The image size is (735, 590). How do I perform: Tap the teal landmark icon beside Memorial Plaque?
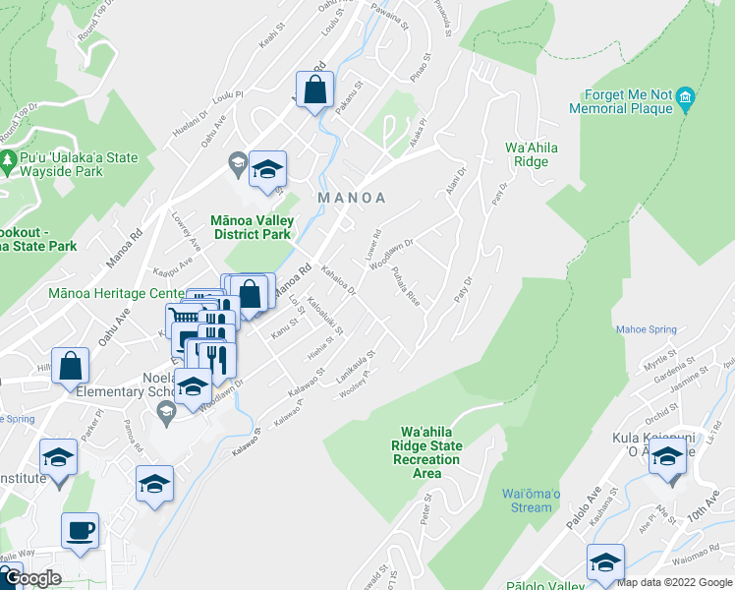[x=686, y=96]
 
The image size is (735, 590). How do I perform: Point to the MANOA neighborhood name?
[x=352, y=198]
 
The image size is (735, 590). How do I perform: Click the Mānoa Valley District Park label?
[x=250, y=227]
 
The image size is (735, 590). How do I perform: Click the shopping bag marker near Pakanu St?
[x=315, y=90]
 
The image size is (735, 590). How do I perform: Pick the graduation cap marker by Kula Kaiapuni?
[x=668, y=457]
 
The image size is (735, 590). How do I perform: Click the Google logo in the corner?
[x=32, y=579]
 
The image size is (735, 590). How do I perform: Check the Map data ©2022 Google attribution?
[x=674, y=582]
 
